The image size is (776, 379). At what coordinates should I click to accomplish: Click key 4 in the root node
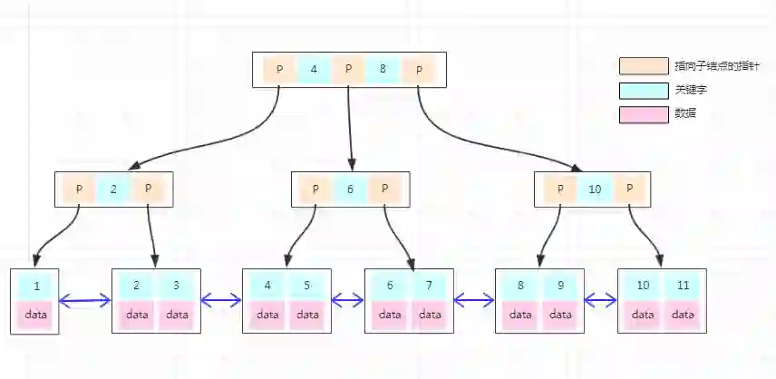[314, 69]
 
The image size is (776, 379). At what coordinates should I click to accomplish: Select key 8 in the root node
[383, 69]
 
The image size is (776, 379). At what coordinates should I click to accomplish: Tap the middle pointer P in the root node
[349, 69]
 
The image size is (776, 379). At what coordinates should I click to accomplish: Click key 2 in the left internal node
[113, 189]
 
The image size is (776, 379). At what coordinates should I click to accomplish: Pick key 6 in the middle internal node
[350, 189]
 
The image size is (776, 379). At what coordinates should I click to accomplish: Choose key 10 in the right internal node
[595, 189]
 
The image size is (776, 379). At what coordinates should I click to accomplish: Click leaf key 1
[36, 286]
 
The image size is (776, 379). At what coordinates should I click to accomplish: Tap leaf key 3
[176, 286]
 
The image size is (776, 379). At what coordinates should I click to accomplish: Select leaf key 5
[306, 286]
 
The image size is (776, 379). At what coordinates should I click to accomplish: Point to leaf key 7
[429, 286]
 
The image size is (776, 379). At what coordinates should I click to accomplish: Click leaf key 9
[560, 286]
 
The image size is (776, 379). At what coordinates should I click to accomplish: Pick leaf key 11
[683, 286]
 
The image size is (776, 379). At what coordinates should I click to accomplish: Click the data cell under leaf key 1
[36, 315]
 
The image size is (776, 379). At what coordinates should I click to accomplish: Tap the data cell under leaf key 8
[520, 315]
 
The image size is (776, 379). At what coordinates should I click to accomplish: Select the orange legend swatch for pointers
[644, 66]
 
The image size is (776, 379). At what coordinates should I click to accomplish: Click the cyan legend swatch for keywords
[644, 90]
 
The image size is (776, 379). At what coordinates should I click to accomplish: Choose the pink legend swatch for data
[644, 113]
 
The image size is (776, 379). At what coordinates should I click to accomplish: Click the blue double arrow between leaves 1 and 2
[84, 300]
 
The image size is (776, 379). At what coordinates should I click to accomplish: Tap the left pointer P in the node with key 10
[561, 189]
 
